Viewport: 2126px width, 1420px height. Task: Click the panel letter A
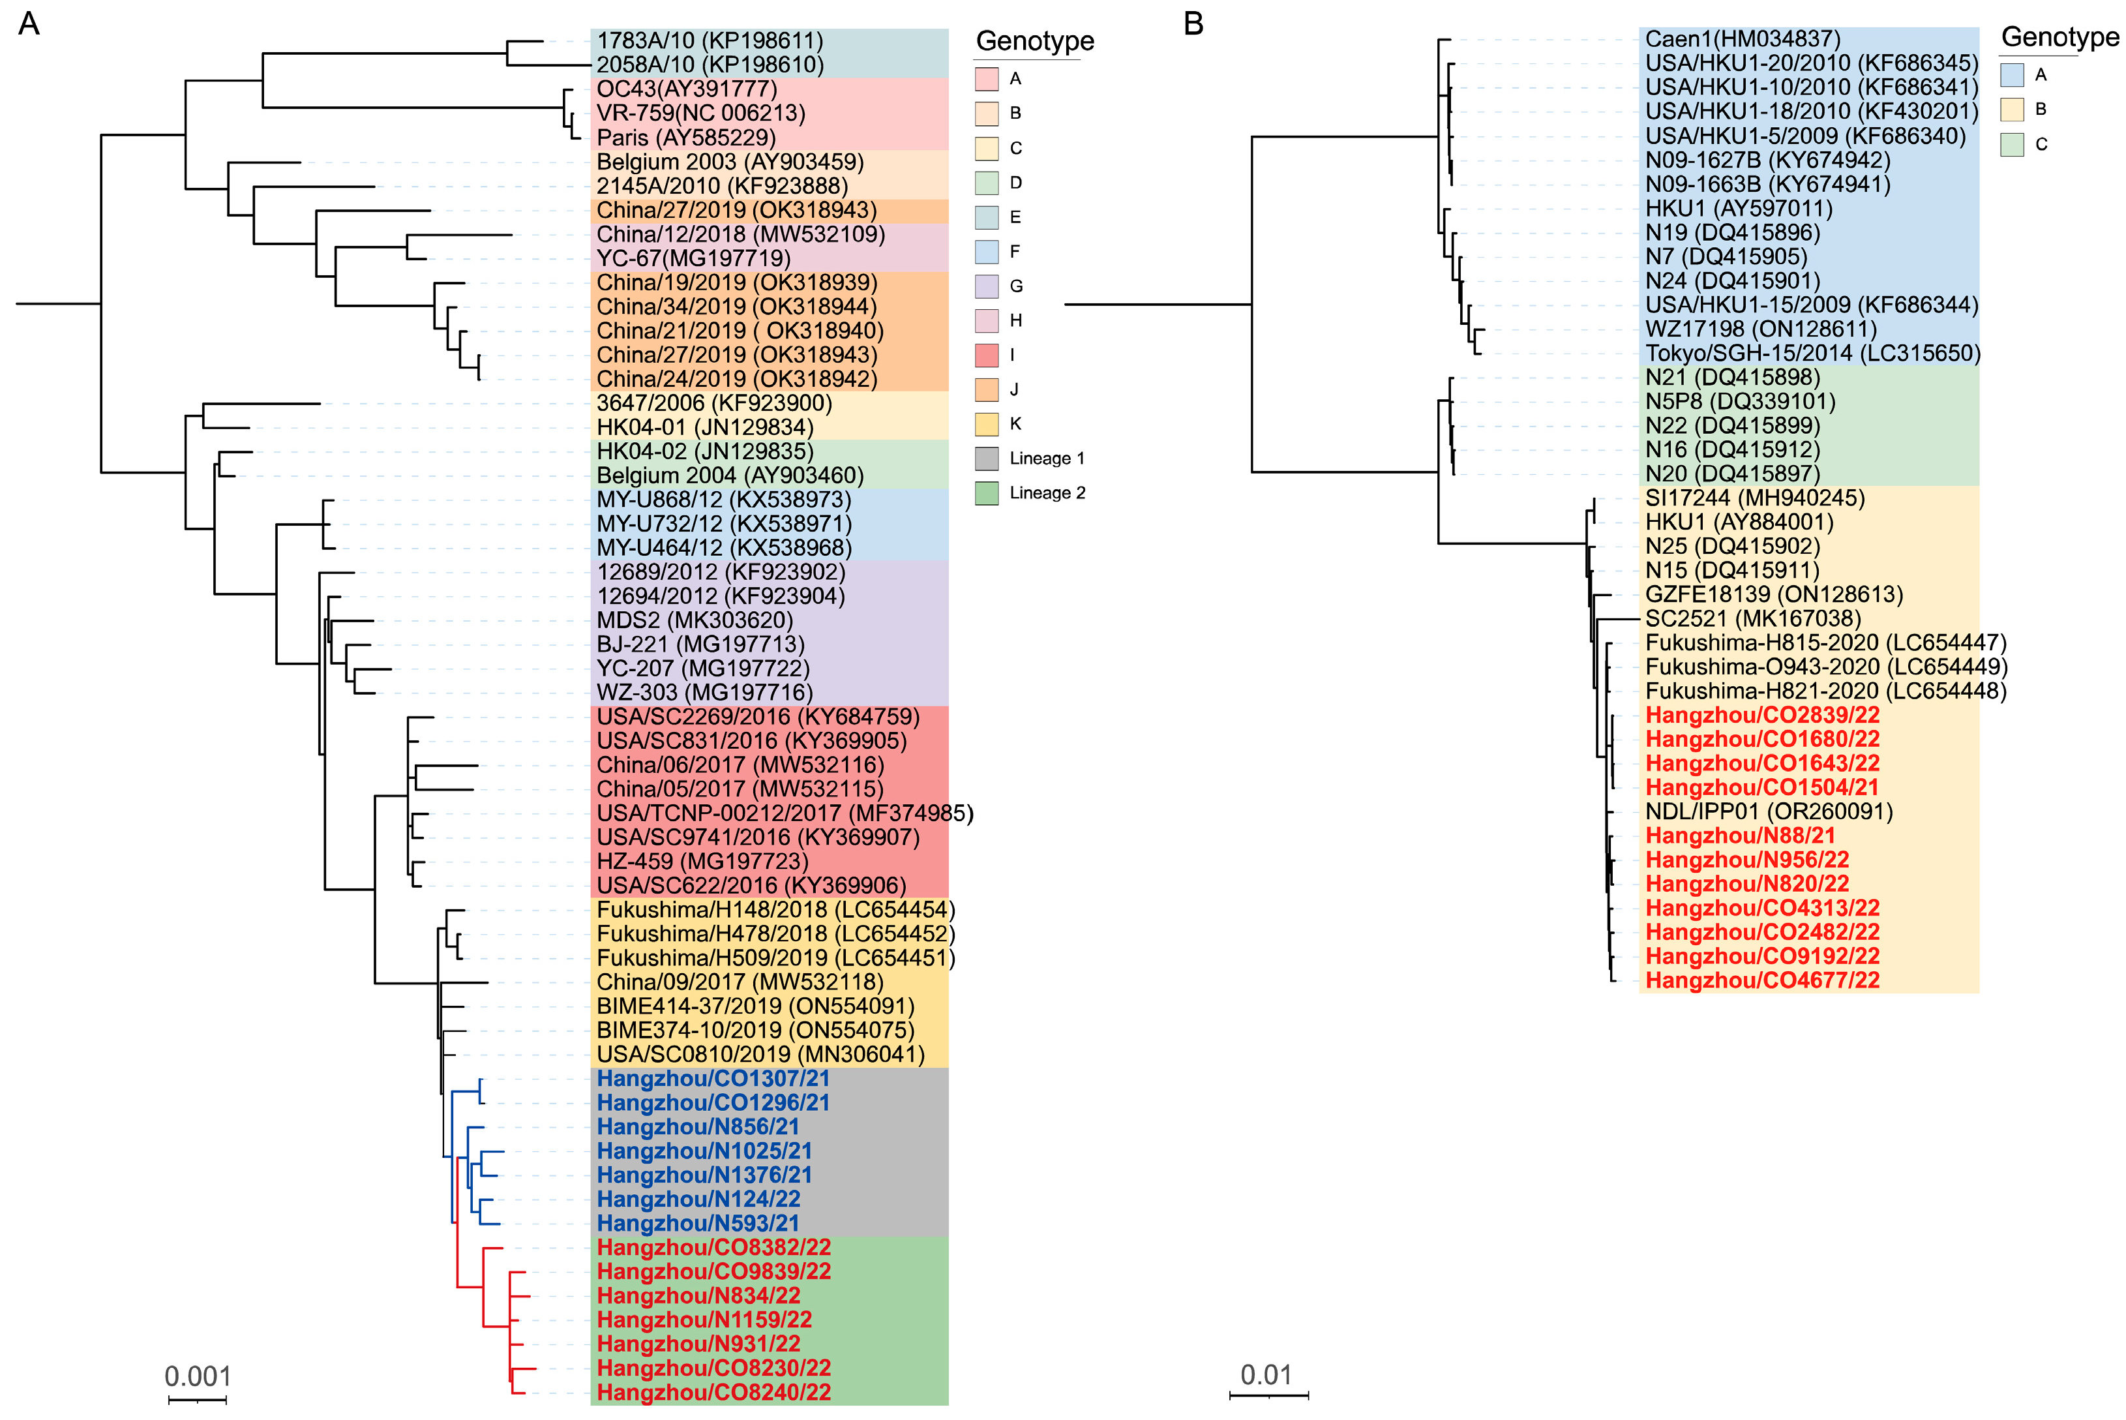pyautogui.click(x=29, y=23)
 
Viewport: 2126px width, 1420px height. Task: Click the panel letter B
pyautogui.click(x=1193, y=23)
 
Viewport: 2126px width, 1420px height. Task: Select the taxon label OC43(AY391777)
pyautogui.click(x=686, y=89)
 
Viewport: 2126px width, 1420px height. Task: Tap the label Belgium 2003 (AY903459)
pyautogui.click(x=730, y=162)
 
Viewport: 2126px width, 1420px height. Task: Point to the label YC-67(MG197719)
pyautogui.click(x=694, y=258)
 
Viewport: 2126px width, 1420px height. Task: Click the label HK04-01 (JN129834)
pyautogui.click(x=704, y=427)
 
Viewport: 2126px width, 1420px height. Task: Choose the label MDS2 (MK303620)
pyautogui.click(x=695, y=620)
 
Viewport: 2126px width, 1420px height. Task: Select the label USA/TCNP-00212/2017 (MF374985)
pyautogui.click(x=784, y=813)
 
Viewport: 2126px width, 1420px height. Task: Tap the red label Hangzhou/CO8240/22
pyautogui.click(x=713, y=1392)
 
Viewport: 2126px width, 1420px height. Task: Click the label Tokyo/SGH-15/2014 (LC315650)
pyautogui.click(x=1813, y=353)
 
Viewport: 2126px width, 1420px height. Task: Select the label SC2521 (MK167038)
pyautogui.click(x=1753, y=618)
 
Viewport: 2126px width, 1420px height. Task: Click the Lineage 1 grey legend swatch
pyautogui.click(x=987, y=459)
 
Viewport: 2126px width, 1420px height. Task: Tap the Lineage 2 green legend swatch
pyautogui.click(x=987, y=492)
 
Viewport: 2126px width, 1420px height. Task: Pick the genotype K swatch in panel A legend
pyautogui.click(x=987, y=424)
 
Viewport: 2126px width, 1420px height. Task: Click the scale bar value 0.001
pyautogui.click(x=198, y=1376)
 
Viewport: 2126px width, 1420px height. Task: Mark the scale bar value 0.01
pyautogui.click(x=1266, y=1375)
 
